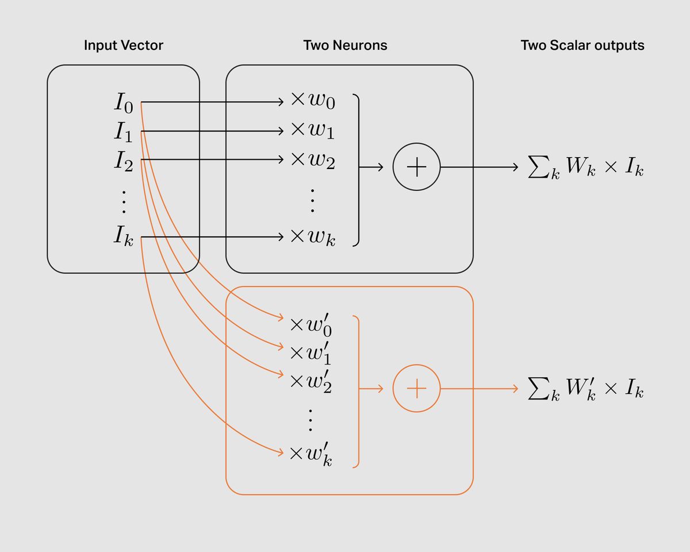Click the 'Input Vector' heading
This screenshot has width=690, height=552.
click(x=124, y=45)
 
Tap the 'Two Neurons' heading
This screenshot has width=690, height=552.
click(x=345, y=45)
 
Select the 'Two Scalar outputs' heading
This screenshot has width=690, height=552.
click(x=582, y=45)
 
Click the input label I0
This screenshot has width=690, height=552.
click(x=124, y=103)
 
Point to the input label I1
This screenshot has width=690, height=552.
click(x=124, y=132)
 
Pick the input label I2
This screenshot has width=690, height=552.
click(x=124, y=160)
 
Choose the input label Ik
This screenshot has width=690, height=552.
click(x=124, y=236)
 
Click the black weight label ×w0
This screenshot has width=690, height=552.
click(x=313, y=101)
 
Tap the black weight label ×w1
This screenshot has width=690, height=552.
click(x=313, y=130)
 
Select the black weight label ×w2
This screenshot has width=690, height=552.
click(x=313, y=159)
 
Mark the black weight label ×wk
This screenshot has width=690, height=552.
click(x=313, y=237)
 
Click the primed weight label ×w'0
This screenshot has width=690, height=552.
click(x=310, y=325)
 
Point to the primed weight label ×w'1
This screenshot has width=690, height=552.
click(x=310, y=354)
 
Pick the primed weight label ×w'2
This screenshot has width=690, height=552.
click(x=310, y=382)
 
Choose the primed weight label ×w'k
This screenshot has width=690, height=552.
click(x=310, y=454)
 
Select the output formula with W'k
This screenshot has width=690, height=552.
click(x=585, y=389)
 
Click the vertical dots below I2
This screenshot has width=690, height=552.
click(x=124, y=202)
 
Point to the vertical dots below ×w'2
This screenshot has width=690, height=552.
click(x=310, y=420)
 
